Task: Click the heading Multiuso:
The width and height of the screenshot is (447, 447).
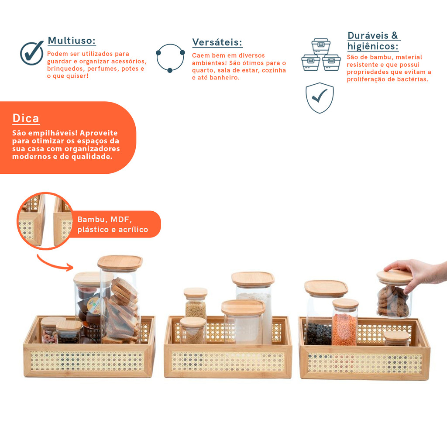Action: click(x=72, y=41)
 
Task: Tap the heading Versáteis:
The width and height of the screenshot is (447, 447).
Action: click(x=217, y=42)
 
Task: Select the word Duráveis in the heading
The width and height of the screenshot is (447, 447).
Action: click(x=368, y=36)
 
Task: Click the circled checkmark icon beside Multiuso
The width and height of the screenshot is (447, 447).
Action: click(x=31, y=53)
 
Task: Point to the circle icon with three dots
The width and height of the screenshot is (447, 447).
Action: click(x=171, y=58)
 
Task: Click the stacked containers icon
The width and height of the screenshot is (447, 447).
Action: click(x=321, y=55)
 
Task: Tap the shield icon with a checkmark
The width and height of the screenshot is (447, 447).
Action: click(x=320, y=98)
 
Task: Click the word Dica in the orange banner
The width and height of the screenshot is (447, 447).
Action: click(x=26, y=118)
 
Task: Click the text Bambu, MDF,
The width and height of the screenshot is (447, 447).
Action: click(x=105, y=220)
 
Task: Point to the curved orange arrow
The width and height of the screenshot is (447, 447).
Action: click(x=55, y=263)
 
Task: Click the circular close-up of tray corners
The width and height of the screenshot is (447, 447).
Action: click(x=45, y=221)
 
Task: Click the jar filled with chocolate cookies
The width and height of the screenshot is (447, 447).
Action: click(x=394, y=296)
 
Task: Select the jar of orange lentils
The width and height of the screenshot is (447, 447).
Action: click(x=345, y=323)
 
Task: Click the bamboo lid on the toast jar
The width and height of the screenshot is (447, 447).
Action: click(x=120, y=262)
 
